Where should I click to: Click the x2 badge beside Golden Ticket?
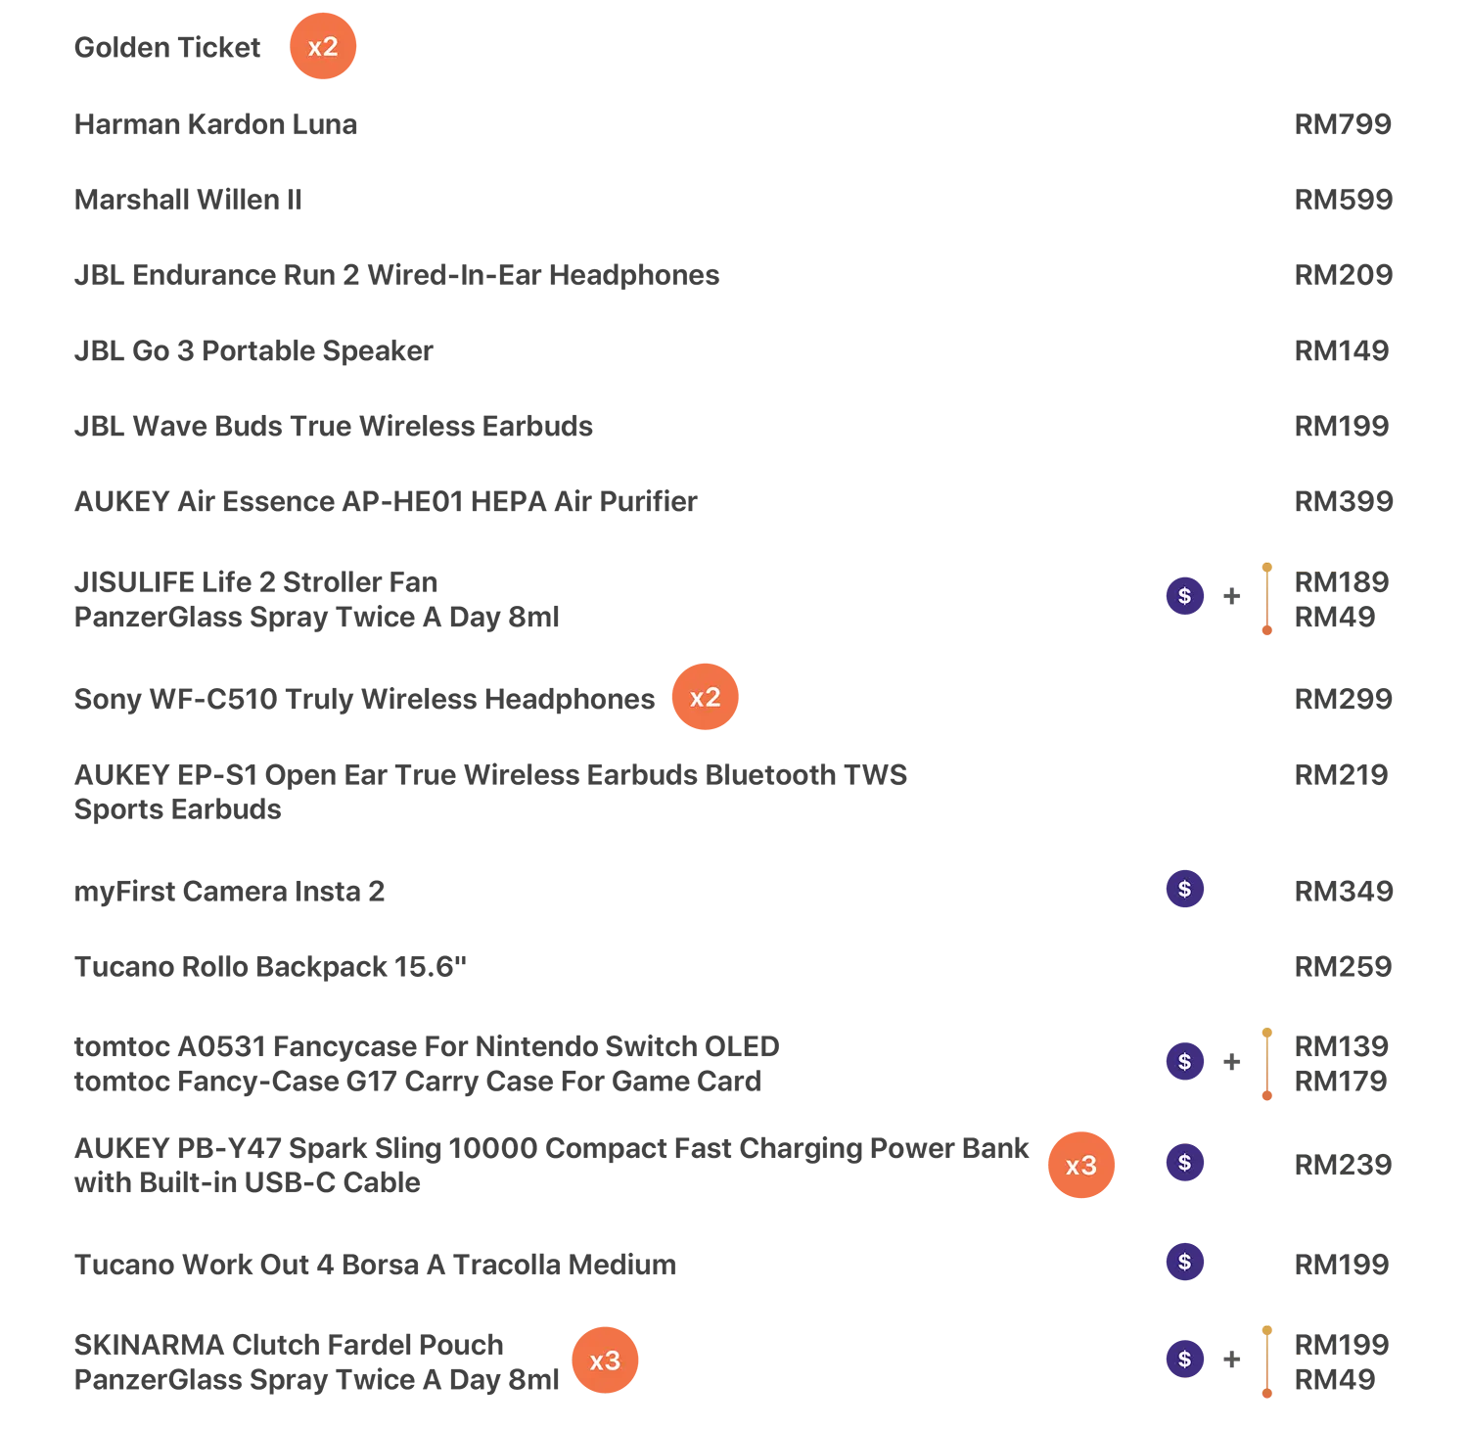(x=323, y=46)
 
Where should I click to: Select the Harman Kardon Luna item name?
(x=215, y=124)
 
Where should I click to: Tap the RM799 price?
(x=1343, y=124)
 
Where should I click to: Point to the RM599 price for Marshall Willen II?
(x=1343, y=200)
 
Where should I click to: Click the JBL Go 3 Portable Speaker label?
(x=253, y=350)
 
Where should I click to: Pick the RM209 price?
(x=1343, y=275)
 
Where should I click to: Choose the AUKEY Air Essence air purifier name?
(x=386, y=501)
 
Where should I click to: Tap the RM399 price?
(x=1343, y=501)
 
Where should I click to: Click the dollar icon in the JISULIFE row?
(x=1184, y=595)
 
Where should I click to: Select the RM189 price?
(x=1342, y=582)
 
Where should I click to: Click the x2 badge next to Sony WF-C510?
(x=705, y=697)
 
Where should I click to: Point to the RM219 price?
(x=1341, y=775)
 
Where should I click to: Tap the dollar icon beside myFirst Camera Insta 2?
(x=1184, y=889)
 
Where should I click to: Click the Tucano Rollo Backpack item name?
(x=270, y=967)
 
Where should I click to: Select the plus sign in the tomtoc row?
(x=1232, y=1062)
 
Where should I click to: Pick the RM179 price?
(x=1341, y=1082)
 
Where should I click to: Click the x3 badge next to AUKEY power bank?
(x=1081, y=1165)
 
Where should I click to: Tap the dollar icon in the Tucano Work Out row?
(x=1184, y=1262)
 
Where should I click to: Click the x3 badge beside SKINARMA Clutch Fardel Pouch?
(x=605, y=1360)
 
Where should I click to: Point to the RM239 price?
(x=1343, y=1165)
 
